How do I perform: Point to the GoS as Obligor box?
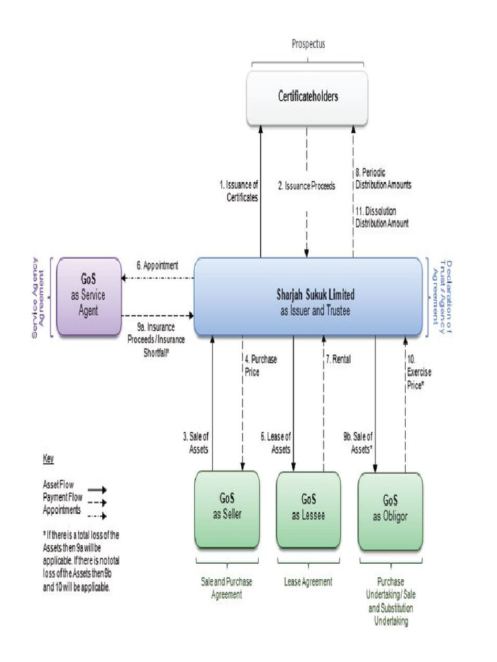(x=390, y=510)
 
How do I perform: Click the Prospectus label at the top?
(x=308, y=45)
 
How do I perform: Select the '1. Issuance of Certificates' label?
(x=239, y=191)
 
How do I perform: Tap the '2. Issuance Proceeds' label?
(x=307, y=186)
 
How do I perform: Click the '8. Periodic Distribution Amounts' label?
(x=383, y=179)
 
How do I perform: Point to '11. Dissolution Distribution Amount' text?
(x=382, y=217)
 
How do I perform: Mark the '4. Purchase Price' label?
(x=261, y=366)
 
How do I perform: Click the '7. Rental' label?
(x=338, y=359)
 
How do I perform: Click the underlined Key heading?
(x=48, y=459)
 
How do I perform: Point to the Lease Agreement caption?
(x=308, y=582)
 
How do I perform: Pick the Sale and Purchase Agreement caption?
(x=226, y=588)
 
